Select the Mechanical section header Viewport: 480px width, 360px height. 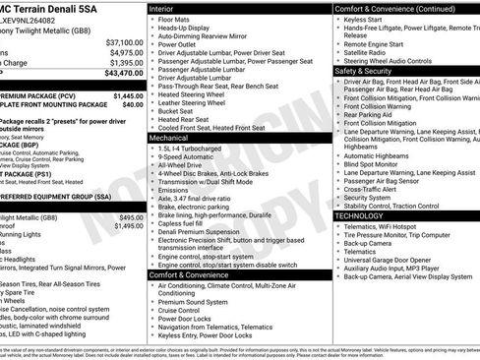pos(173,139)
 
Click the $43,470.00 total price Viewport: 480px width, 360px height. pos(124,74)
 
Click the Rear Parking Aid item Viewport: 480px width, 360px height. pos(370,114)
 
